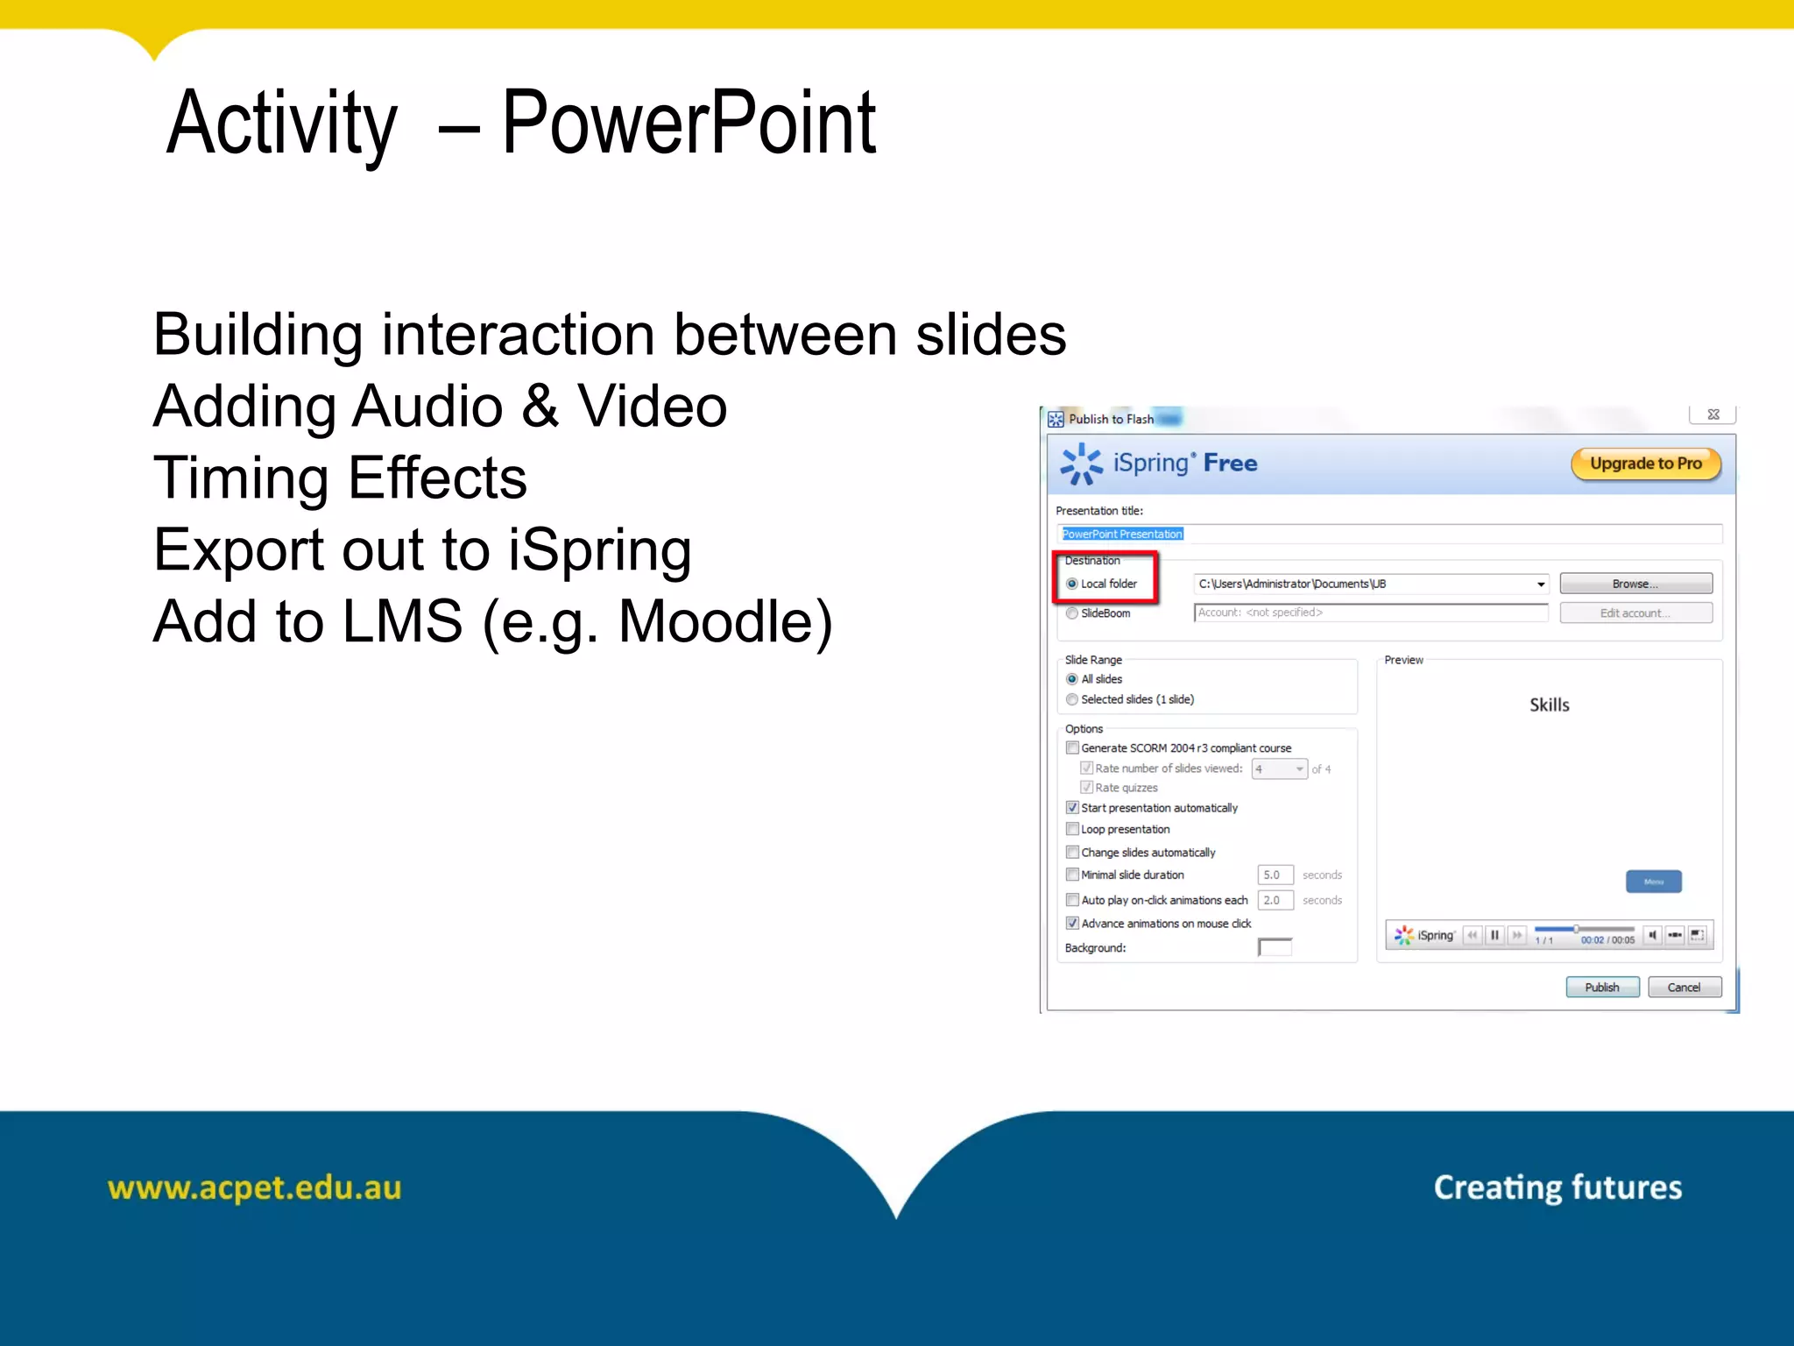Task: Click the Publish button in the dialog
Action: coord(1601,987)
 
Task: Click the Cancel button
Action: coord(1683,987)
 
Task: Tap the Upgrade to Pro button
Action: coord(1645,464)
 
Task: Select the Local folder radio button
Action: coord(1072,584)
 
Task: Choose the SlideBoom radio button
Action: coord(1072,613)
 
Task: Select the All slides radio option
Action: coord(1072,679)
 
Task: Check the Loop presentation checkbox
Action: coord(1072,829)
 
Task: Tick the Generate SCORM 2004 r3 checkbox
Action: coord(1072,747)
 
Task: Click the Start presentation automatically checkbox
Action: coord(1072,808)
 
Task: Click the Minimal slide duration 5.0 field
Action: coord(1275,875)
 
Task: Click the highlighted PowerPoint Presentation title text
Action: coord(1122,534)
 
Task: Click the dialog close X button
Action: coord(1713,414)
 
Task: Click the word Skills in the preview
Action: coord(1549,705)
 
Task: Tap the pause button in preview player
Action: coord(1494,935)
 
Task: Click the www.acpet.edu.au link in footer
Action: coord(254,1187)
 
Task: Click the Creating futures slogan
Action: coord(1557,1187)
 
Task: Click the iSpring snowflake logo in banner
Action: coord(1081,464)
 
